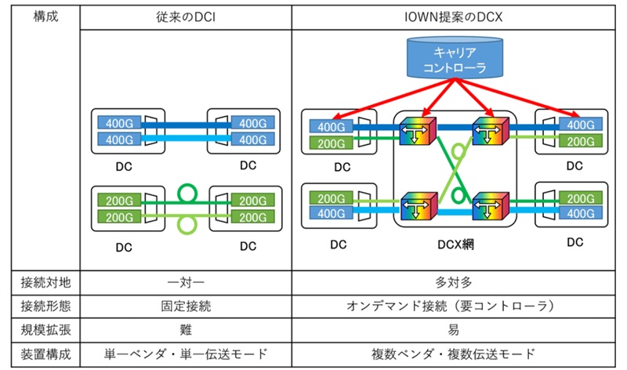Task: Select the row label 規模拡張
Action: [45, 329]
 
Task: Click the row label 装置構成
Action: [45, 354]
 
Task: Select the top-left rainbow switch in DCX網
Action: [416, 131]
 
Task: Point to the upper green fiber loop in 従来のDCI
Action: [186, 192]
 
